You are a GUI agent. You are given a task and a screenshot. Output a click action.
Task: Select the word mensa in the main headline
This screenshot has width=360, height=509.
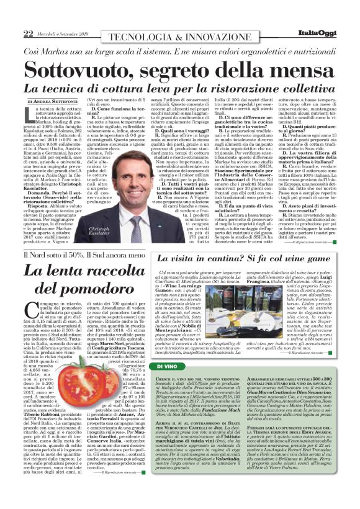[x=300, y=69]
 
